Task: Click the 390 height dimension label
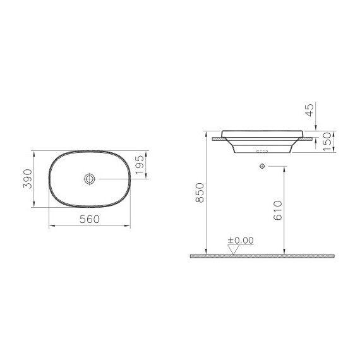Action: point(25,179)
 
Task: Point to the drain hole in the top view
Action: point(90,180)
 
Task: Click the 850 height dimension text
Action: point(199,193)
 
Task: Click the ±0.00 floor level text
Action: point(240,241)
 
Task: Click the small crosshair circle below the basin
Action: point(261,165)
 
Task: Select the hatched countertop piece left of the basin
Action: point(218,136)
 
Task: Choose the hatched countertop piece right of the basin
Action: point(309,136)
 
